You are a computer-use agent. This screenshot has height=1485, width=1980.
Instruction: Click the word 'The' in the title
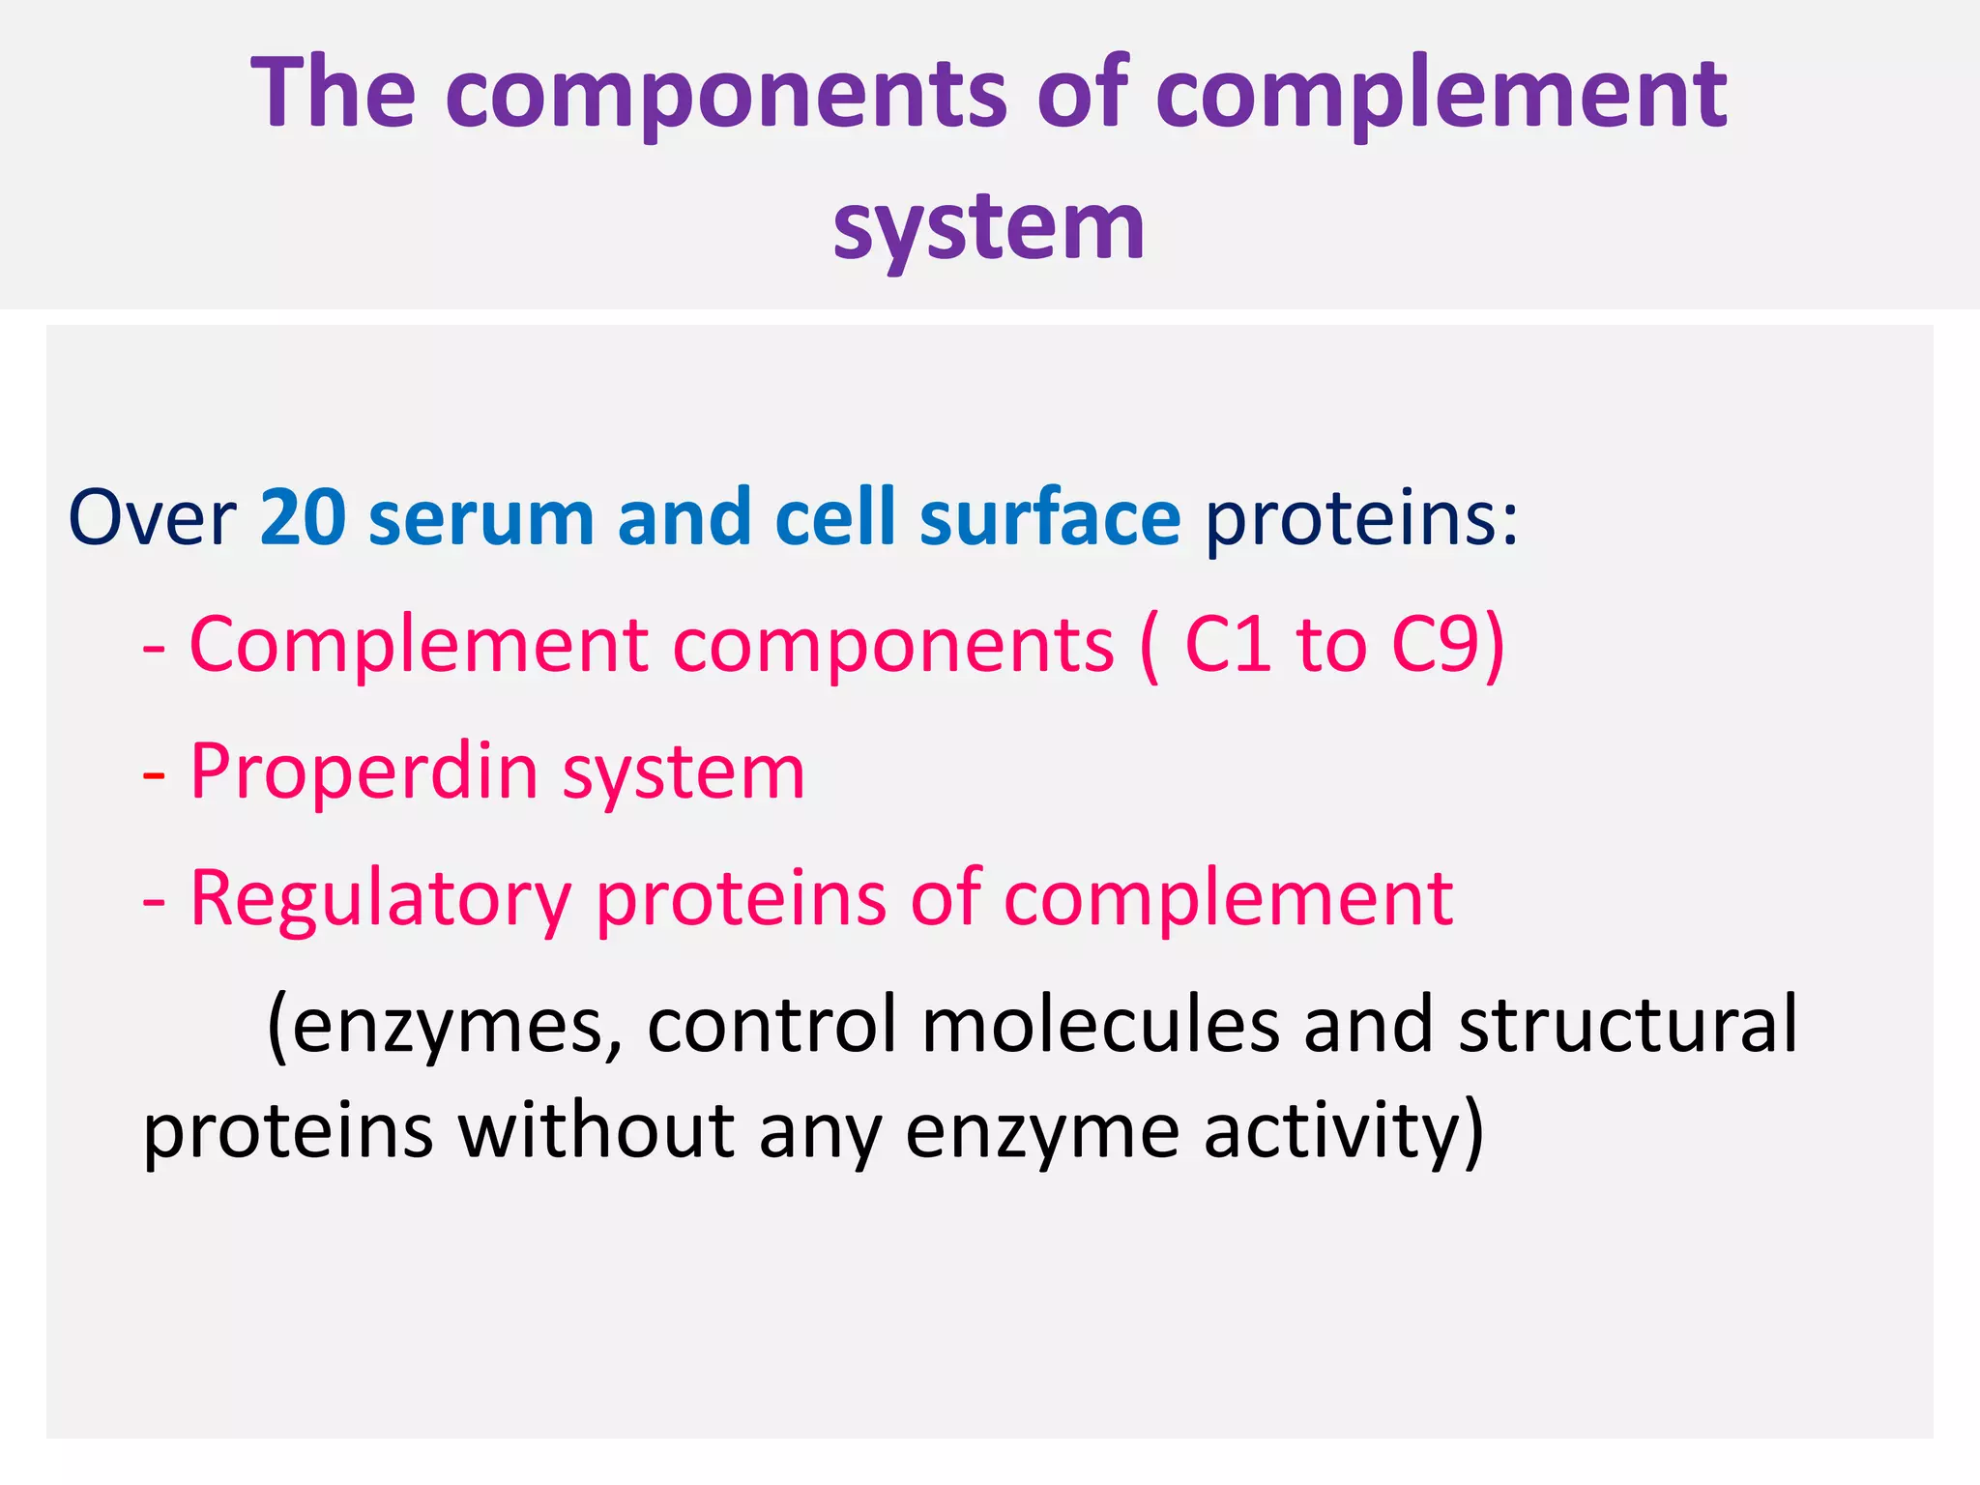click(334, 94)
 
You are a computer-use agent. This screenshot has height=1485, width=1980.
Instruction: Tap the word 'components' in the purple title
click(725, 97)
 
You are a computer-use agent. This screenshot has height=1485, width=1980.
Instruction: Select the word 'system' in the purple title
click(989, 227)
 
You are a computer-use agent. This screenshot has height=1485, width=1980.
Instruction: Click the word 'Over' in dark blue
click(152, 519)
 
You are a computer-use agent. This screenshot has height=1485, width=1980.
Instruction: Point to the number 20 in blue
click(303, 519)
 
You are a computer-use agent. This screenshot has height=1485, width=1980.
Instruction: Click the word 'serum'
click(480, 519)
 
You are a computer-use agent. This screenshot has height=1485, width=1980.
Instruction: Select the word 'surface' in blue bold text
click(1049, 519)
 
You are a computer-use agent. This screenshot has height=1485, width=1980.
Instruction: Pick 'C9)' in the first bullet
click(1447, 645)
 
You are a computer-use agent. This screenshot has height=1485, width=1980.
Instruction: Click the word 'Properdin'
click(364, 773)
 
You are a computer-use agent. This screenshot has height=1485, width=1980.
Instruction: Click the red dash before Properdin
click(154, 775)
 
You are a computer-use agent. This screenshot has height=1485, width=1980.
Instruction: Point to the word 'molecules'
click(1100, 1025)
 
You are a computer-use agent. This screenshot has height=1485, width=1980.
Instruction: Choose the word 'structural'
click(1627, 1025)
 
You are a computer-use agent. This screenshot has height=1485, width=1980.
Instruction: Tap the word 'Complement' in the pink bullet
click(419, 645)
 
